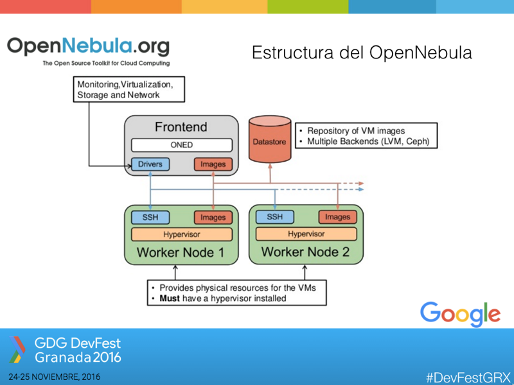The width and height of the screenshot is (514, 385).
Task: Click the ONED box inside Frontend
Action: click(x=181, y=145)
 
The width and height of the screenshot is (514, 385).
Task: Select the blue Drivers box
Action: click(x=150, y=164)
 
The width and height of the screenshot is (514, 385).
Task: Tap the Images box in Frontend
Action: click(x=213, y=164)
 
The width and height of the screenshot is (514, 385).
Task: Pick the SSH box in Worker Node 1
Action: click(x=150, y=217)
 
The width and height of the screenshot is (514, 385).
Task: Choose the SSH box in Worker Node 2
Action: click(x=274, y=217)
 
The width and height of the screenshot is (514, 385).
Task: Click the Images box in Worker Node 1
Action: click(x=213, y=218)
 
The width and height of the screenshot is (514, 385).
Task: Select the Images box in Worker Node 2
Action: click(x=337, y=218)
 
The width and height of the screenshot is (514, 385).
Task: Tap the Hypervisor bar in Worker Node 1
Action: click(x=181, y=234)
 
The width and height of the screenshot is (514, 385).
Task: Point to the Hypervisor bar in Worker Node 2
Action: click(x=306, y=234)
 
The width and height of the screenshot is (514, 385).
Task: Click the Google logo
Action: click(x=460, y=314)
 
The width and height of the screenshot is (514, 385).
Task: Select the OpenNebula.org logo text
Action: click(x=89, y=46)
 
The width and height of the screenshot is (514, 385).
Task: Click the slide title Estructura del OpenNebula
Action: click(x=362, y=53)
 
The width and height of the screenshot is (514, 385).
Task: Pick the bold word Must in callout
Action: click(x=169, y=298)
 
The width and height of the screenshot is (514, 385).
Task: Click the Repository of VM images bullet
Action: click(x=356, y=131)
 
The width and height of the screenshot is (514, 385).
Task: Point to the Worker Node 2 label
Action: click(x=305, y=252)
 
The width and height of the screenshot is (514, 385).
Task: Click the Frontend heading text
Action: click(x=181, y=126)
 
